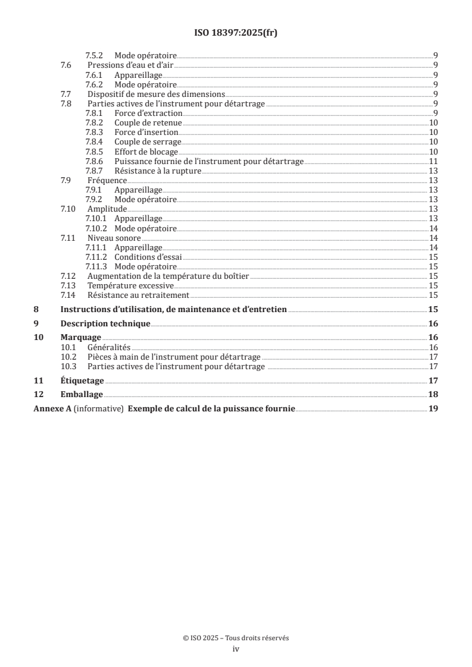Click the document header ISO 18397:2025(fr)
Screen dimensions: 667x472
tap(236, 33)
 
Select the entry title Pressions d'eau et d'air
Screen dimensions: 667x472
tap(130, 64)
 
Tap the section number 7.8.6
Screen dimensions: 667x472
tap(95, 161)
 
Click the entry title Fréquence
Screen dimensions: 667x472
tap(107, 180)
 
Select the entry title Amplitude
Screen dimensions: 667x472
tap(107, 209)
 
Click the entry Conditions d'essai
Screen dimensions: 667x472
tap(148, 257)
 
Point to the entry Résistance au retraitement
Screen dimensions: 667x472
tap(138, 295)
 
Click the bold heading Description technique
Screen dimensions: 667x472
tap(105, 324)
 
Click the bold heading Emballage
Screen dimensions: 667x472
tap(82, 395)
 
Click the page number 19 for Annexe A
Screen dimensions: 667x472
tap(433, 409)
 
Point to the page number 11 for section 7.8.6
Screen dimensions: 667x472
tap(434, 161)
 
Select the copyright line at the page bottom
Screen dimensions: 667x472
tap(236, 638)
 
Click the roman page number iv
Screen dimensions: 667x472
tap(236, 649)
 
